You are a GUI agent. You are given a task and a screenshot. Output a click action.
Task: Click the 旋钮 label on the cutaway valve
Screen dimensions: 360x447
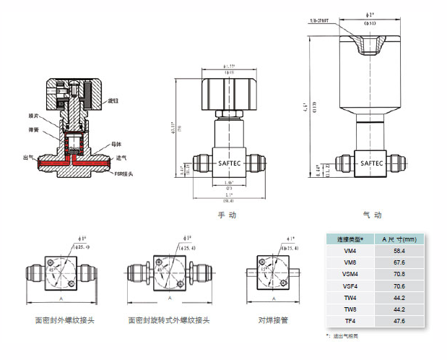[113, 100]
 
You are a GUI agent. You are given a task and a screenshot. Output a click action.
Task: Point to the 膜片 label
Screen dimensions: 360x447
[33, 115]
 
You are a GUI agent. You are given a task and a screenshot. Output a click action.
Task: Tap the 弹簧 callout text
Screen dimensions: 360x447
[33, 130]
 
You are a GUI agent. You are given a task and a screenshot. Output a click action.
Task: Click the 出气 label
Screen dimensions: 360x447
[29, 157]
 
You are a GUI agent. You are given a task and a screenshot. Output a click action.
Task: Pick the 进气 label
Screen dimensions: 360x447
[121, 157]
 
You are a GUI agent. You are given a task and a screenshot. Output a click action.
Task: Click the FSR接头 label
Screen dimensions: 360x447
[123, 173]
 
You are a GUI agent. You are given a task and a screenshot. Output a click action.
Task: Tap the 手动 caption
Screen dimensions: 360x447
[227, 215]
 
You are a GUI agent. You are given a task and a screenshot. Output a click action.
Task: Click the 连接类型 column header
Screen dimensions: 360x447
[350, 239]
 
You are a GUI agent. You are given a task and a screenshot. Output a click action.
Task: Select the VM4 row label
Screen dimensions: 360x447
[350, 251]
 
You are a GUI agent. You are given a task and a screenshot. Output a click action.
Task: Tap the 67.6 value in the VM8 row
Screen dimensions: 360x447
[399, 262]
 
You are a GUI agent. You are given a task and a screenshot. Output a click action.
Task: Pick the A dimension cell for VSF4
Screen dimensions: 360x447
[399, 286]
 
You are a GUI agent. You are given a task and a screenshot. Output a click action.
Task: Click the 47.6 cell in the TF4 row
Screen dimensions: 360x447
[399, 321]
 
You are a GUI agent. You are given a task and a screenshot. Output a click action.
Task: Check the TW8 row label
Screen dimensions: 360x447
[350, 309]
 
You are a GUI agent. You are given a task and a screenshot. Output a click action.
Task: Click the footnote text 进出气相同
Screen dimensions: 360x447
[345, 336]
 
